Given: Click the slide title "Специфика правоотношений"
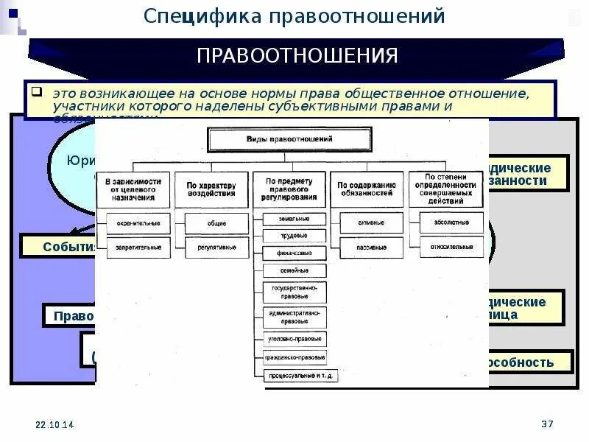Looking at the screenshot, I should pos(294,15).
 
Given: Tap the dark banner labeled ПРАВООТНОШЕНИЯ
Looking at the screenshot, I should pos(297,56).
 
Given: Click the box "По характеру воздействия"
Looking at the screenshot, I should pos(211,189).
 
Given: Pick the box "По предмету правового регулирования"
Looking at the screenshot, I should pos(290,189).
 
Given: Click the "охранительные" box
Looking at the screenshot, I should pos(138,223).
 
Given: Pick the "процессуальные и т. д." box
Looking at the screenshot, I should pos(295,376).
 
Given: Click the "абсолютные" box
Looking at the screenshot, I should pos(451,223).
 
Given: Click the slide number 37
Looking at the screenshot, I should pos(547,424).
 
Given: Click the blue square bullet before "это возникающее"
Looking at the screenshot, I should pos(35,94).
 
